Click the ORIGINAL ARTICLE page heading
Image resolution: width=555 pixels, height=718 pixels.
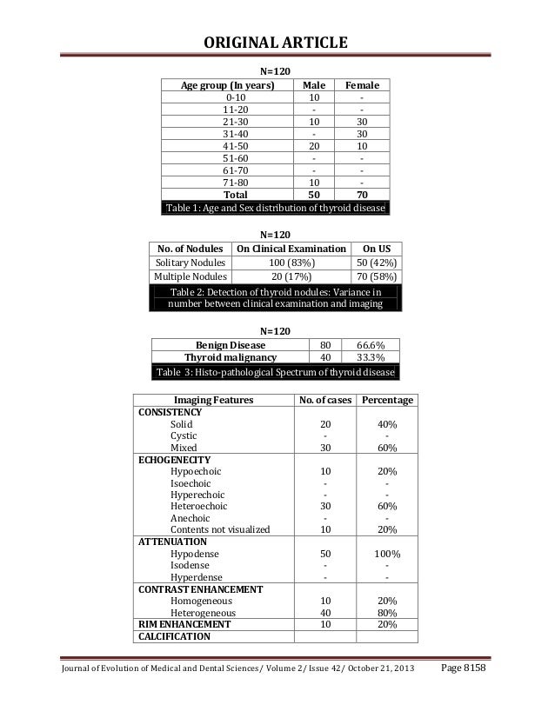click(276, 44)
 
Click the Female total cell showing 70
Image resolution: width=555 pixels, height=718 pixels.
click(360, 195)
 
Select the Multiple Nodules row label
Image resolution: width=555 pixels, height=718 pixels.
click(191, 277)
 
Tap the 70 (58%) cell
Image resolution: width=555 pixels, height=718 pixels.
click(376, 277)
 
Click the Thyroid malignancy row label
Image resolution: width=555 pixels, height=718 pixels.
click(231, 356)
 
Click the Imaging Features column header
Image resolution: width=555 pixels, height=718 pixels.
click(214, 400)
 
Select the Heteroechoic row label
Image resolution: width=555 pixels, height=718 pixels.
click(199, 506)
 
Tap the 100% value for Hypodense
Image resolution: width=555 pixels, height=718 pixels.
click(387, 553)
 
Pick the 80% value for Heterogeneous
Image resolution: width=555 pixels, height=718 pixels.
click(387, 612)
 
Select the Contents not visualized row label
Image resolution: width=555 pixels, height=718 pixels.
click(220, 529)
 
